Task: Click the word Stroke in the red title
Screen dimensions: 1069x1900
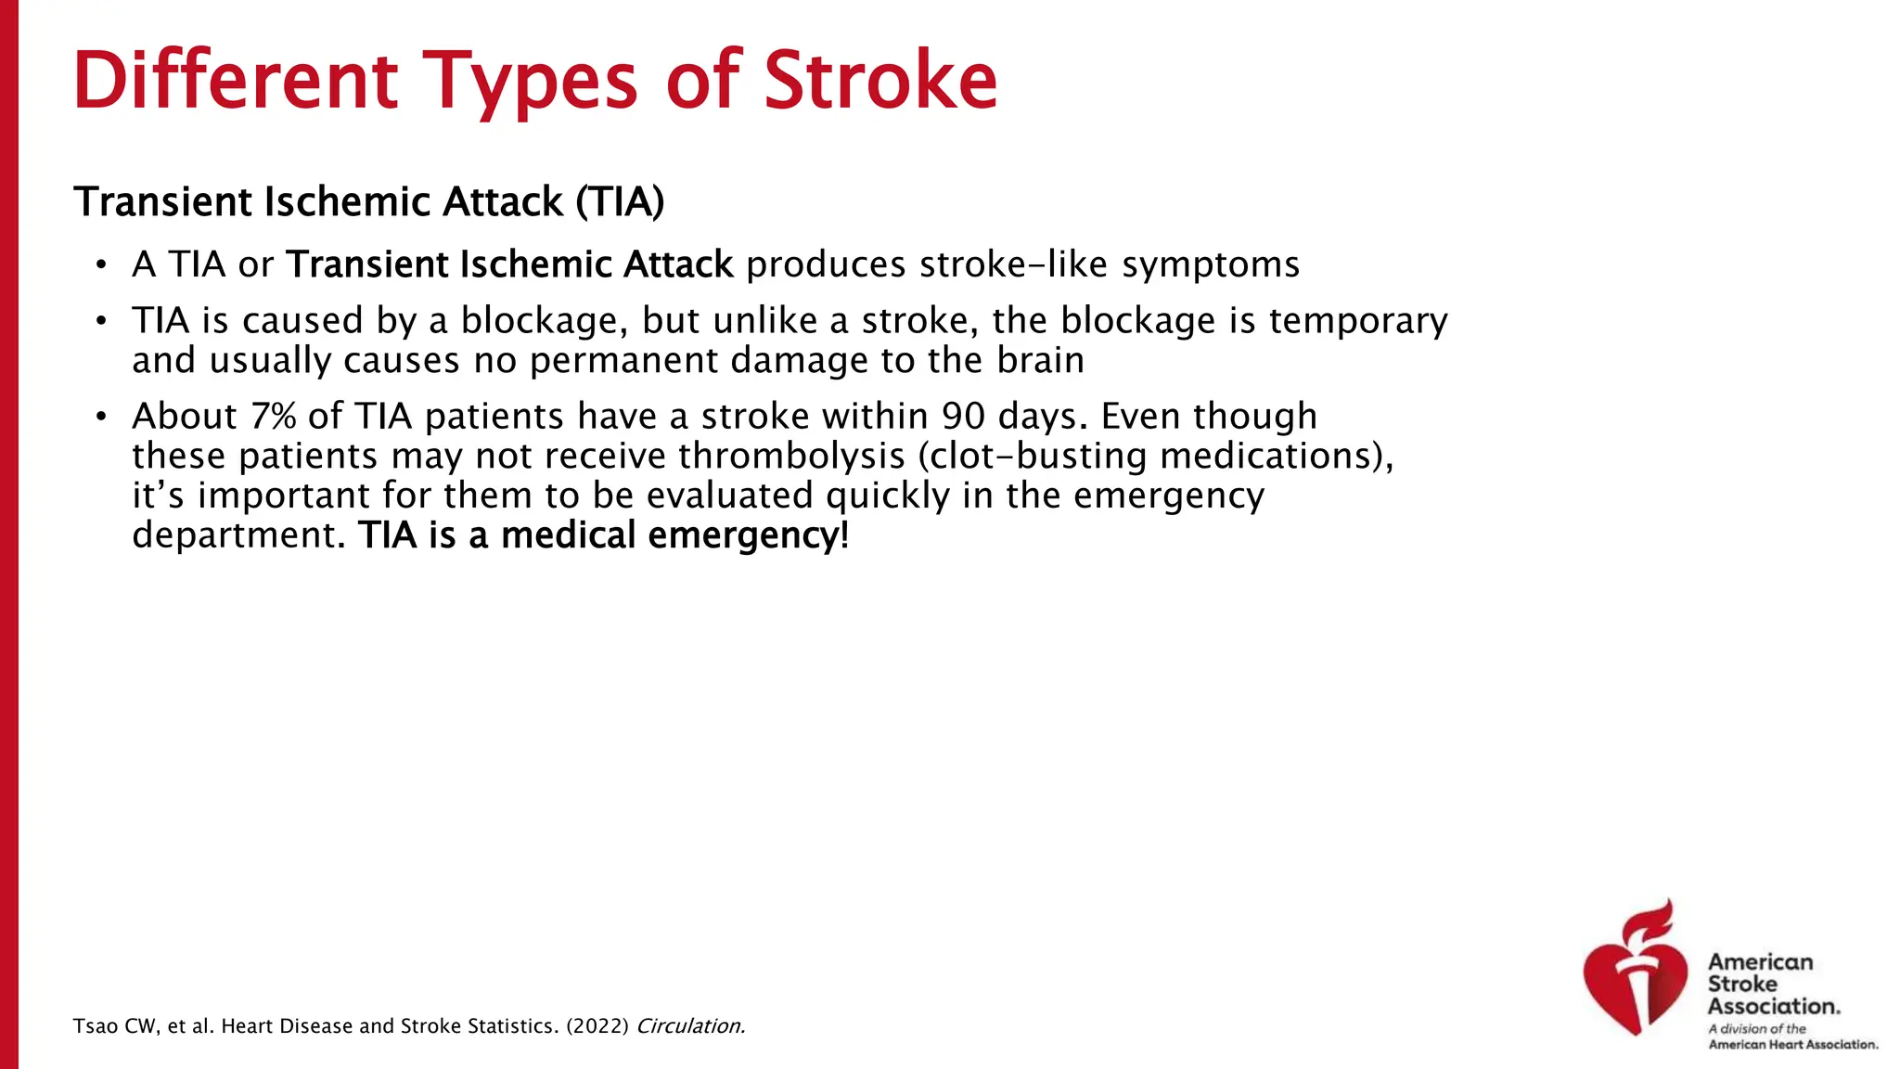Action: [x=879, y=81]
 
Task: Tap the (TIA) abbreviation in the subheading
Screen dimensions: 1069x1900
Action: [x=620, y=202]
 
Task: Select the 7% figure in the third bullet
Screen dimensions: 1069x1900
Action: [x=273, y=416]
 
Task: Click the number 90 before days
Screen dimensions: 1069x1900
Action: [x=964, y=416]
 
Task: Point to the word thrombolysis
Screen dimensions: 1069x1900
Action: [x=790, y=456]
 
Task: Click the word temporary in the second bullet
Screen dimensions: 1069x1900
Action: [x=1357, y=321]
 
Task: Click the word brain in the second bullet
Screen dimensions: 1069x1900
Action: [x=1040, y=360]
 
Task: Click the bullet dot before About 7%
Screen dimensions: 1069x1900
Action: [x=101, y=417]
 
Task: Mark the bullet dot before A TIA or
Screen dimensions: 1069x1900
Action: [x=101, y=265]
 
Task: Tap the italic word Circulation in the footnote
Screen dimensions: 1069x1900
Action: [x=690, y=1026]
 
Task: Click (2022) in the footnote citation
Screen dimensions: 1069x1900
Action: [x=597, y=1026]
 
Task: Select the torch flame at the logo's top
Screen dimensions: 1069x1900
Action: [x=1656, y=920]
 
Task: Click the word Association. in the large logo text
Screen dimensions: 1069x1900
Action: [x=1773, y=1006]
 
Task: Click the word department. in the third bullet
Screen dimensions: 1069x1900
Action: [x=238, y=535]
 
